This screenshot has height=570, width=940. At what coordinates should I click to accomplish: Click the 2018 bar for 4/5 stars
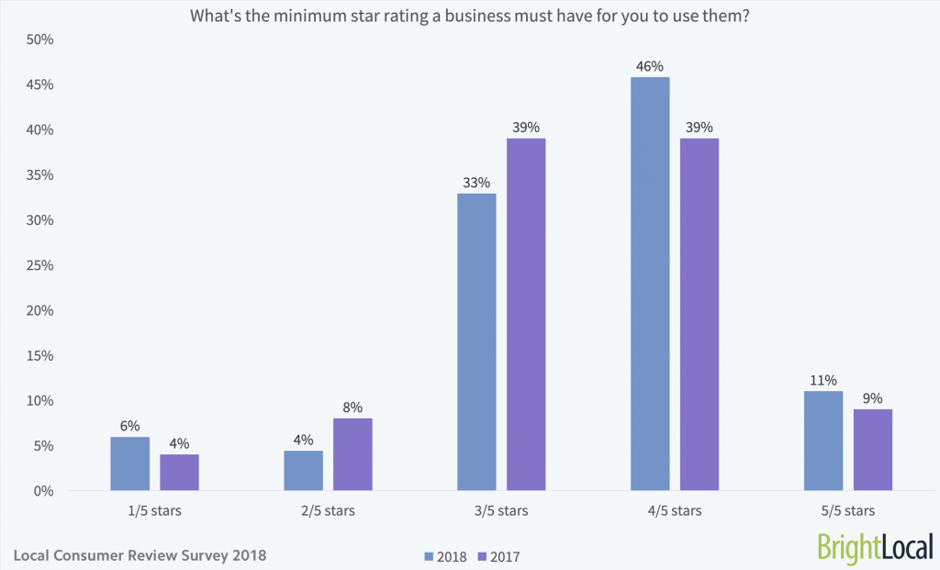coord(650,284)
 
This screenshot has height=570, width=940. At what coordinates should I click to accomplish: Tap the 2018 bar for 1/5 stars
coord(129,464)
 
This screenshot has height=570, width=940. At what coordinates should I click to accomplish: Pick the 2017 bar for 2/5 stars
coord(352,454)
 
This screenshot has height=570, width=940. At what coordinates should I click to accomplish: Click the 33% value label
coord(476,183)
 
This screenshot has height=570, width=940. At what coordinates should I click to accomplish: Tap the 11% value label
coord(823,381)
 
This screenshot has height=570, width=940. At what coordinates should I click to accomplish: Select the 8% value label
coord(352,408)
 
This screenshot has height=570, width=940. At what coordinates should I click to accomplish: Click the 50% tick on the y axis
coord(40,39)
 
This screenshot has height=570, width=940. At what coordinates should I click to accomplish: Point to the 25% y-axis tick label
coord(40,265)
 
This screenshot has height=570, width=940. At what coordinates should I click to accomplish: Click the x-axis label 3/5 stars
coord(501,510)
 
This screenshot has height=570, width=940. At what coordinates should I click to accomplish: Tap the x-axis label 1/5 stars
coord(154,510)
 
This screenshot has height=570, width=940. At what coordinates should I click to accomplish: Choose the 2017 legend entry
coord(500,555)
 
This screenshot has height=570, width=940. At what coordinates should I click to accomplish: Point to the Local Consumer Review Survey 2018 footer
coord(141,555)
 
